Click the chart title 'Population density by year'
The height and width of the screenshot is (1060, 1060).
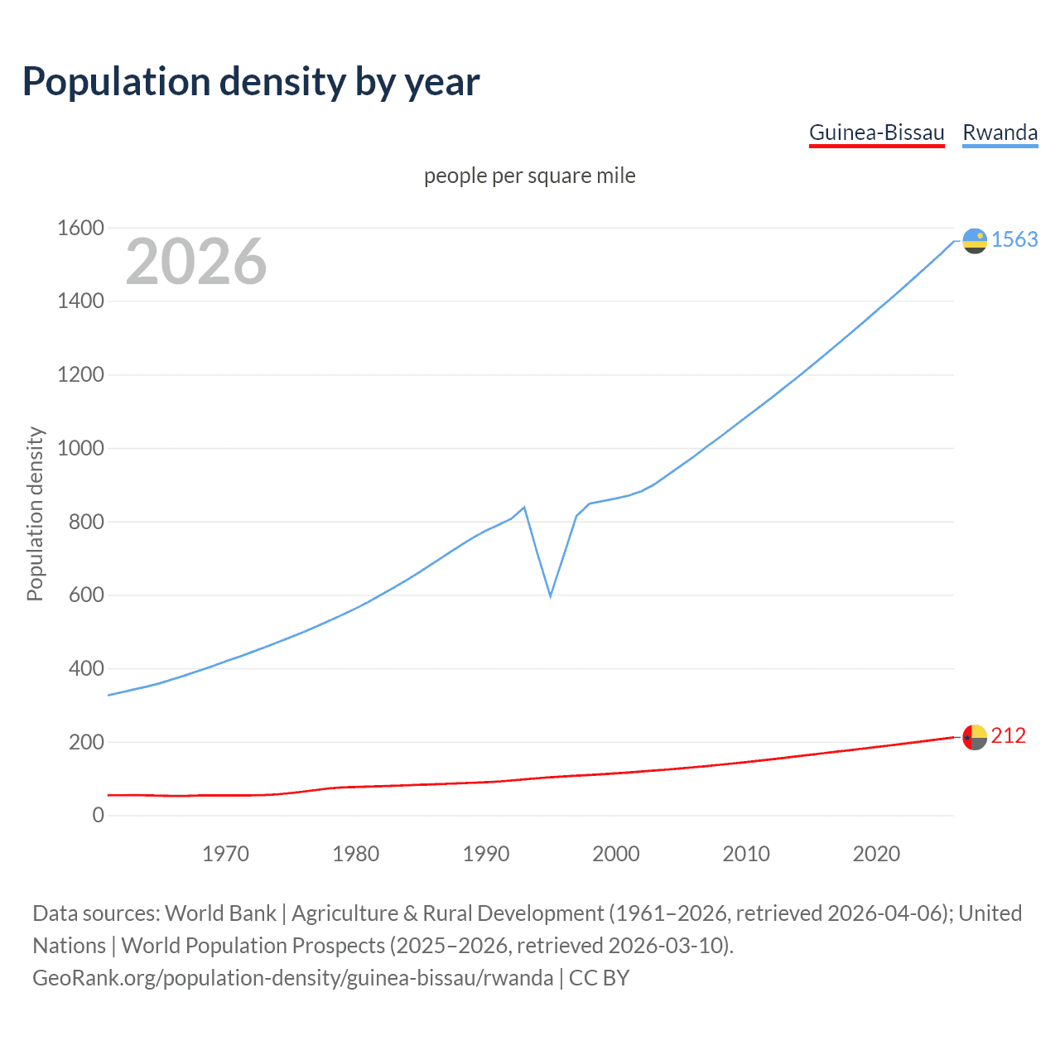click(251, 82)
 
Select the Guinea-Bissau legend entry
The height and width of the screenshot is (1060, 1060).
click(876, 132)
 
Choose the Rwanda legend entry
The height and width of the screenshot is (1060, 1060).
click(1000, 132)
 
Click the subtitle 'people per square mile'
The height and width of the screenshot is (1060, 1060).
click(529, 176)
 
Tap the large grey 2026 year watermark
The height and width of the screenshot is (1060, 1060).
click(196, 262)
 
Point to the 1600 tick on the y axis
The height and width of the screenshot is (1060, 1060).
click(80, 228)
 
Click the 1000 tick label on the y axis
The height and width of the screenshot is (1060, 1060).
click(80, 448)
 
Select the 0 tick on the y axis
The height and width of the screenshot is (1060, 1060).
click(98, 816)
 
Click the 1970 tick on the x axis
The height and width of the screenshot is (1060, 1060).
click(225, 854)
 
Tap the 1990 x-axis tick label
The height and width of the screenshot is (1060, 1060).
click(486, 854)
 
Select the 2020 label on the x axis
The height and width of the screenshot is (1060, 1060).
click(876, 854)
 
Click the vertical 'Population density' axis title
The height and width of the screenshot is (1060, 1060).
click(35, 513)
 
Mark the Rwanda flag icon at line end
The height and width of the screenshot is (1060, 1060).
click(975, 240)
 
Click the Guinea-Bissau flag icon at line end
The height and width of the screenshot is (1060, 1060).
click(975, 736)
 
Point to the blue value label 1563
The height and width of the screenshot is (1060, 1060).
click(1014, 239)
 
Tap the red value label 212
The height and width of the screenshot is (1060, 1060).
click(1008, 735)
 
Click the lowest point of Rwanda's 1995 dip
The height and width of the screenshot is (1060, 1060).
click(550, 595)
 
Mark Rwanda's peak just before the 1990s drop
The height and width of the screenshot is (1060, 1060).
click(524, 507)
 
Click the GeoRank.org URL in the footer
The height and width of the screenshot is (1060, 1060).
click(292, 978)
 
